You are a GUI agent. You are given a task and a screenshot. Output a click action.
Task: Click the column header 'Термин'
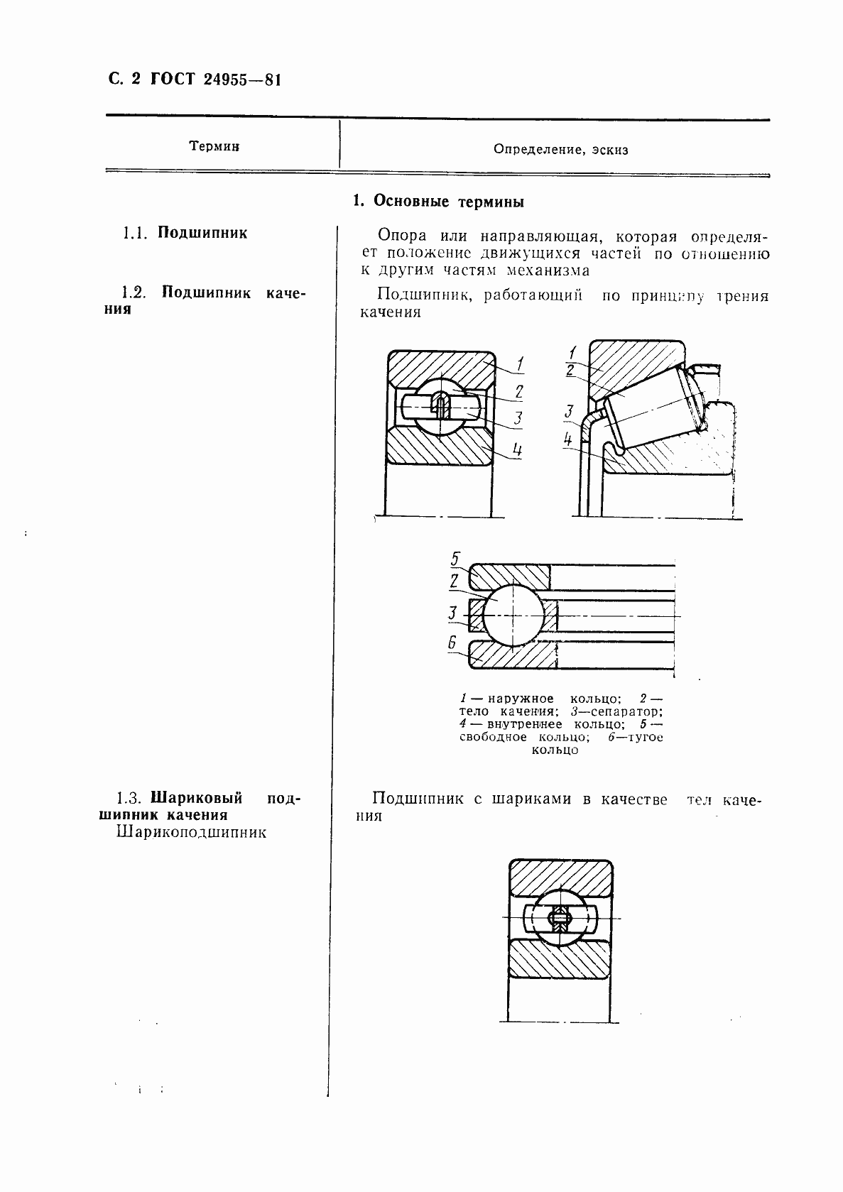click(214, 146)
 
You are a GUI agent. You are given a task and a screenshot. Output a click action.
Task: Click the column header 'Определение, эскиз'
click(560, 150)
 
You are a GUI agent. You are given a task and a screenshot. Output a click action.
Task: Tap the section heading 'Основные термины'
click(448, 202)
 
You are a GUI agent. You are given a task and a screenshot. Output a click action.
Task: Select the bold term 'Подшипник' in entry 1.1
click(202, 233)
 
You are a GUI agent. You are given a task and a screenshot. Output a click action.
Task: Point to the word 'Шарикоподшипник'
click(191, 832)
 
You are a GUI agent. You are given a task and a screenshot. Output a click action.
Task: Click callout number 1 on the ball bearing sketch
click(520, 365)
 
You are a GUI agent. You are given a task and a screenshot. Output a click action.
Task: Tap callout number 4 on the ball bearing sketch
click(518, 449)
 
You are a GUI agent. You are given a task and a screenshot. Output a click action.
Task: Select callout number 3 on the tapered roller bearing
click(569, 410)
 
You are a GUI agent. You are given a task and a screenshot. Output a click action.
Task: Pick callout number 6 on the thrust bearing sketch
click(452, 643)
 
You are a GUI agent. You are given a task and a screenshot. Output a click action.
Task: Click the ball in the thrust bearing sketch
click(513, 616)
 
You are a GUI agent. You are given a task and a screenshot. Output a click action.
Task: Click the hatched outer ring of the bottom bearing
click(560, 878)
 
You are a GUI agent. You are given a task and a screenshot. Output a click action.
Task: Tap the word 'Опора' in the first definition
click(403, 236)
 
